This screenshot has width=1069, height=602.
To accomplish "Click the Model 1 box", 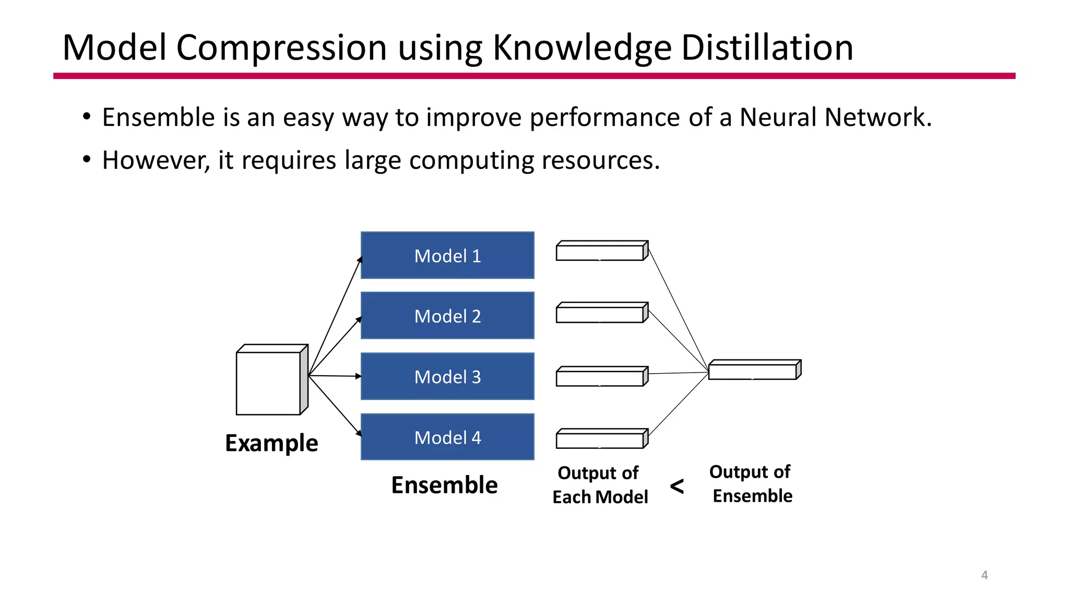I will point(447,256).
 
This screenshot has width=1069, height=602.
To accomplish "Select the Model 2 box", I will point(447,316).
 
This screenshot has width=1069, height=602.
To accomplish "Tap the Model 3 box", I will point(447,376).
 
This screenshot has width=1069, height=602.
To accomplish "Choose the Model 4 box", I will point(447,437).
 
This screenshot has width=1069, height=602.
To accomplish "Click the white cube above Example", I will point(269,383).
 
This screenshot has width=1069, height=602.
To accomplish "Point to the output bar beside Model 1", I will point(600,252).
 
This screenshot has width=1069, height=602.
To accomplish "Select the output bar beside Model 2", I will point(600,314).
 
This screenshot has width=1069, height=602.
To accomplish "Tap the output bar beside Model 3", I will point(600,377).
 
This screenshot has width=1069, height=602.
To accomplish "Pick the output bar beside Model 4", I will point(600,439).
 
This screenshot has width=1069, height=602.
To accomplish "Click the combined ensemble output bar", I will point(753,371).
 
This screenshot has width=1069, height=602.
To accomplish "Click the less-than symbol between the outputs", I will point(677,486).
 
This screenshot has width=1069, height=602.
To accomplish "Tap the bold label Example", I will point(271,443).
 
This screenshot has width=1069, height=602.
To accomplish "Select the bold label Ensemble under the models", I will point(444,485).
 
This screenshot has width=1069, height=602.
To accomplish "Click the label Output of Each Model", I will point(600,485).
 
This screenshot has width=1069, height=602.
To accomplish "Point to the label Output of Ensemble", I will point(751,484).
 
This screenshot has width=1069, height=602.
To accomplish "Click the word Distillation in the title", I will point(767,48).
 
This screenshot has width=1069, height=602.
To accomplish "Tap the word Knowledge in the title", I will point(582,48).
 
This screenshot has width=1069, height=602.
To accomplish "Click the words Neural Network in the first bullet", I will point(835,117).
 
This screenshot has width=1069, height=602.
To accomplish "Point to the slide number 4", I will point(984,575).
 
